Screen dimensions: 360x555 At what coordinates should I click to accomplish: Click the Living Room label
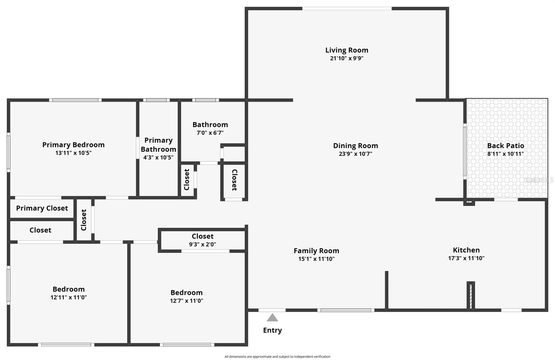pos(347,50)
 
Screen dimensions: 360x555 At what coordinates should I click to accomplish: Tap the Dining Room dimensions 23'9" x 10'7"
pos(355,154)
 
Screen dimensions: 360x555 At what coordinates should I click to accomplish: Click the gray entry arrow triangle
pos(272,318)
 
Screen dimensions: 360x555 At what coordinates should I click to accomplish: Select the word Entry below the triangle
pos(272,330)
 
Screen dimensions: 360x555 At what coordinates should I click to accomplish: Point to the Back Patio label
pos(505,146)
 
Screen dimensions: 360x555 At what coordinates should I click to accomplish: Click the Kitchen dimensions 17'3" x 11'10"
pos(466,258)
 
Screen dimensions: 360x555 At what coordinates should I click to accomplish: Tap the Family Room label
pos(316,251)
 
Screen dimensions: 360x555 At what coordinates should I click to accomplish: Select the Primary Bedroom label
pos(73,145)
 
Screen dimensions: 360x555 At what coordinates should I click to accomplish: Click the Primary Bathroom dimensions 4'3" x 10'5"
pos(158,158)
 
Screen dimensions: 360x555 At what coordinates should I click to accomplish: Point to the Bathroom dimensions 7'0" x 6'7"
pos(210,133)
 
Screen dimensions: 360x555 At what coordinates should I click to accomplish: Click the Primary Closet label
pos(42,208)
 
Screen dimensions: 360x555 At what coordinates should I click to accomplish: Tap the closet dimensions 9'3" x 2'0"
pos(203,244)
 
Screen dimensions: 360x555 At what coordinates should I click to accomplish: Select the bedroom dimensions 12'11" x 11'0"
pos(69,298)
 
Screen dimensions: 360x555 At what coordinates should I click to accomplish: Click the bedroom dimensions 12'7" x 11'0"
pos(186,301)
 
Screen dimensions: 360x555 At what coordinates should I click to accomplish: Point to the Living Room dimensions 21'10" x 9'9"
pos(347,58)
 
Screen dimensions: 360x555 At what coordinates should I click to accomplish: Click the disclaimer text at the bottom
pos(277,357)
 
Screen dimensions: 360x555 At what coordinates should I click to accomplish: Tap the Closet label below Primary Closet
pos(40,230)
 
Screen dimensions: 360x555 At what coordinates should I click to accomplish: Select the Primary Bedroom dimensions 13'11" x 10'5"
pos(73,153)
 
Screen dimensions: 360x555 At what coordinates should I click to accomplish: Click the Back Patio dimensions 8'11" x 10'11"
pos(505,154)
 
